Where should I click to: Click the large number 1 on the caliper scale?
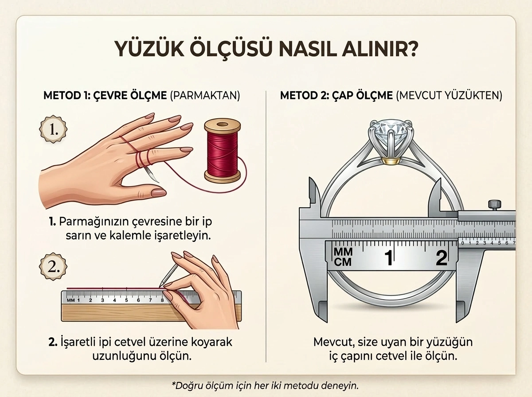pos(389,258)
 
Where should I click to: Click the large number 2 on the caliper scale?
pos(441,258)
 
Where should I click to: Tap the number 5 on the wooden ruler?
pos(126,300)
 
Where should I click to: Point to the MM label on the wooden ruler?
pos(70,300)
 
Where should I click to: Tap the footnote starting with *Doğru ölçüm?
pos(265,385)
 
